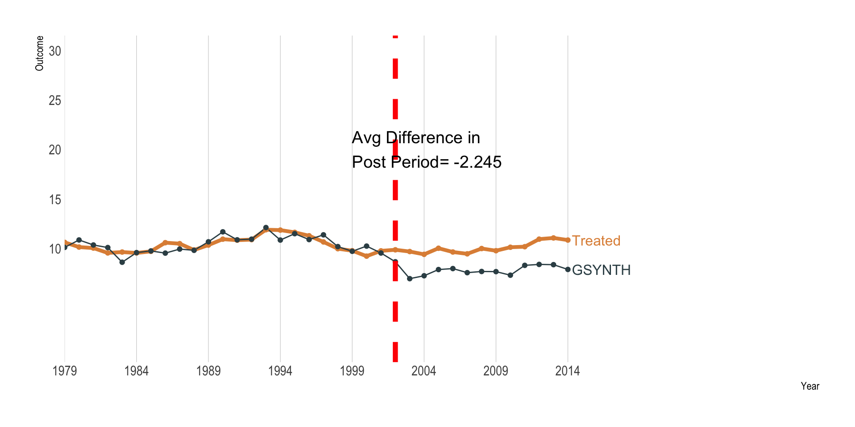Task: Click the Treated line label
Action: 596,241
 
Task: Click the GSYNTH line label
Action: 601,270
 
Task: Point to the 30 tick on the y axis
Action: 55,51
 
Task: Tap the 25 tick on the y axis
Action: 55,101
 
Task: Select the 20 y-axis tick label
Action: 55,150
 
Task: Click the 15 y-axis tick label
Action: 55,200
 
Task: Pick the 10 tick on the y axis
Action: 55,249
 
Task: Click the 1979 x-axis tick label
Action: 65,371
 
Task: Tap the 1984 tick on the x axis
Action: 136,371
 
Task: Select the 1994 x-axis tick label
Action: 280,371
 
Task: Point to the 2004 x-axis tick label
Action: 424,371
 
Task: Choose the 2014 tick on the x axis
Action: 567,371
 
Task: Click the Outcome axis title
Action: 40,53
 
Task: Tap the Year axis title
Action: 810,386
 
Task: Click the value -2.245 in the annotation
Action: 477,162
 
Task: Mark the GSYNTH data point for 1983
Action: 122,262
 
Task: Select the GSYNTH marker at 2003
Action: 410,278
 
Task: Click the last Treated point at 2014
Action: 568,240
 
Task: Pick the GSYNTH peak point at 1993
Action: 266,227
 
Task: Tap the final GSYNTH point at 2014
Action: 568,269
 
